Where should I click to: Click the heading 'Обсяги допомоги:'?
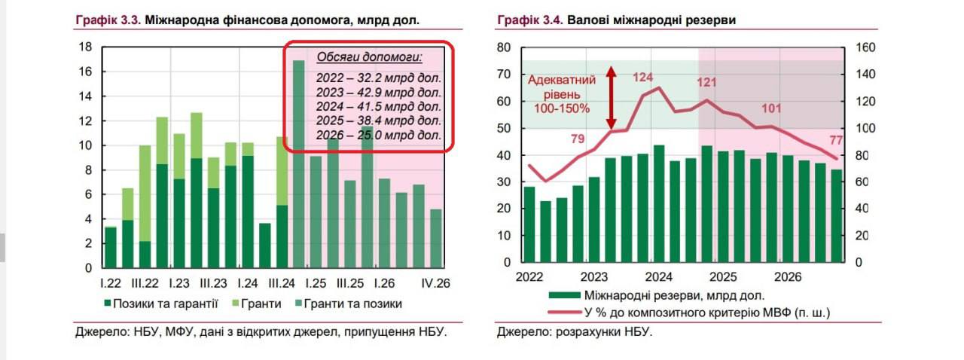point(369,57)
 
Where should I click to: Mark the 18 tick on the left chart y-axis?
point(86,47)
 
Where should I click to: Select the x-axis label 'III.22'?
point(144,283)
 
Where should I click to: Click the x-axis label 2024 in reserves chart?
point(657,276)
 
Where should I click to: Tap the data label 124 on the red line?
point(642,77)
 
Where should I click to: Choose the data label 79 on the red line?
point(578,138)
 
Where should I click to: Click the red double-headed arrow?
point(612,98)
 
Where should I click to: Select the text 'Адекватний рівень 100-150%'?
point(562,94)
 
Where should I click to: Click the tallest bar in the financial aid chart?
point(298,163)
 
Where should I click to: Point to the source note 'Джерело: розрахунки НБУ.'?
point(574,331)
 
